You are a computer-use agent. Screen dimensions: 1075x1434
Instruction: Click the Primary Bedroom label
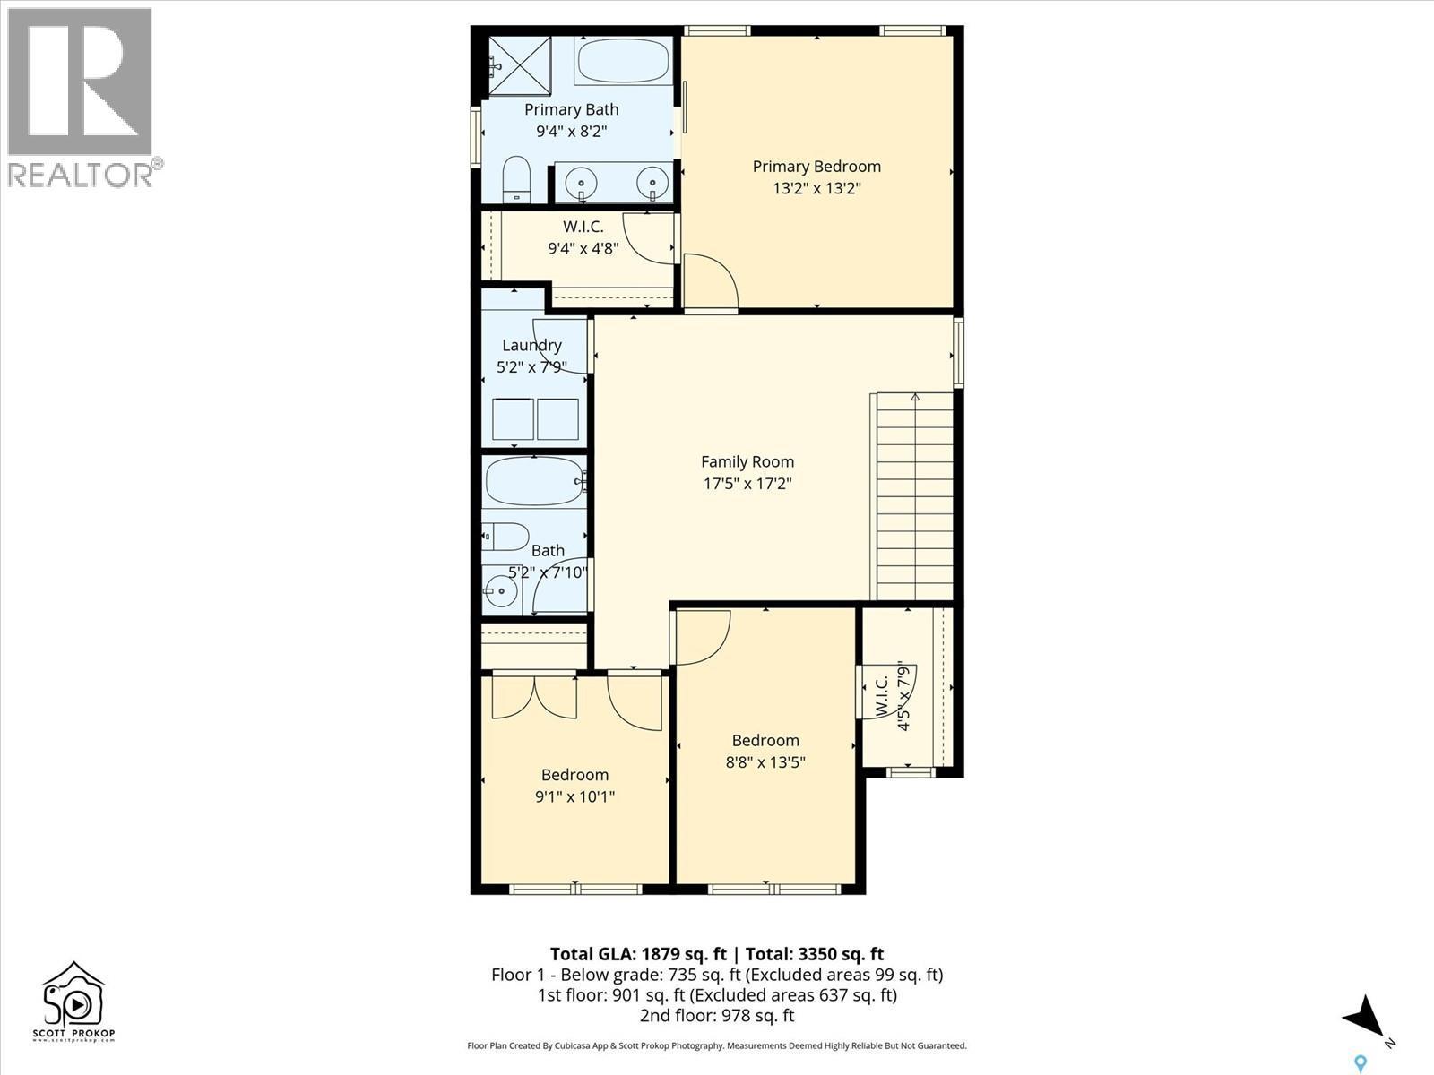point(816,167)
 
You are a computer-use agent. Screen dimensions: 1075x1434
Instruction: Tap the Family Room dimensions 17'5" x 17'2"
point(747,484)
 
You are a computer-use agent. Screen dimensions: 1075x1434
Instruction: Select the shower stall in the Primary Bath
point(519,65)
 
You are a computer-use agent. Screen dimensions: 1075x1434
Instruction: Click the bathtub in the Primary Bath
point(623,61)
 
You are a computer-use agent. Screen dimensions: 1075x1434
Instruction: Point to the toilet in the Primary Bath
point(516,179)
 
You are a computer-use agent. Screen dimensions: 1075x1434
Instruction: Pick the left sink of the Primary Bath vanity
point(582,185)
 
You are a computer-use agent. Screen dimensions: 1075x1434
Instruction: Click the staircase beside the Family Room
point(914,497)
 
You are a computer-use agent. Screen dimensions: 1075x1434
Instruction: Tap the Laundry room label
point(531,345)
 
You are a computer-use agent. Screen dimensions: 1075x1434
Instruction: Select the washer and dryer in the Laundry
point(535,419)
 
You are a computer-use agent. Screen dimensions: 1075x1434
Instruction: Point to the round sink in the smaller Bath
point(500,591)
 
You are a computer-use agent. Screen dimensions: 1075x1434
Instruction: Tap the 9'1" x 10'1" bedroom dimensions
point(574,796)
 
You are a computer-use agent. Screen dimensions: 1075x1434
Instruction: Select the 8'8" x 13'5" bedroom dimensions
point(765,762)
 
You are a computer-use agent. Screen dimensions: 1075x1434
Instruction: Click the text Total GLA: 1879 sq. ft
point(638,954)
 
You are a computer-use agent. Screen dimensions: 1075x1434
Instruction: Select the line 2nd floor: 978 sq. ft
point(717,1016)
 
